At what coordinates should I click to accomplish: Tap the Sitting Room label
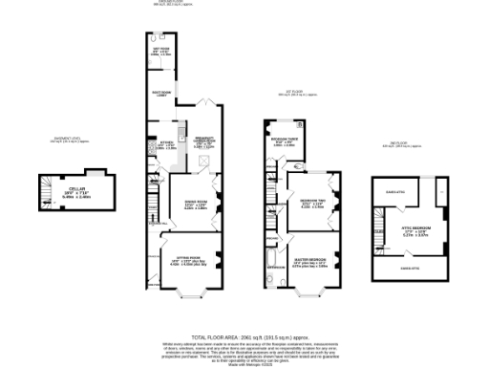(x=187, y=261)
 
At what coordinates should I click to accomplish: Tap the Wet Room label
(x=159, y=52)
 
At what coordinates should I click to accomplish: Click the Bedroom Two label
(x=312, y=204)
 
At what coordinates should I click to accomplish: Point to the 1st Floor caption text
(x=297, y=94)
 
